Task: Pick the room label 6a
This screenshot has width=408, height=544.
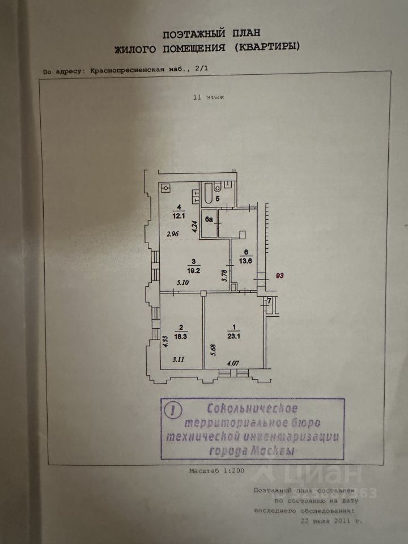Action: point(209,219)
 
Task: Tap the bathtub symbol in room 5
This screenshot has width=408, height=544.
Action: point(208,194)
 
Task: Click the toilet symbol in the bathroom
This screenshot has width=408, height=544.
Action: point(228,184)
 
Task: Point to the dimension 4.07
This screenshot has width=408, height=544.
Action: point(233,364)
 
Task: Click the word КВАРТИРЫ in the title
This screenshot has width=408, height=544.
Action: point(273,48)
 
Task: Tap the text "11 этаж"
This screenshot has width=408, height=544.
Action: point(208,97)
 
